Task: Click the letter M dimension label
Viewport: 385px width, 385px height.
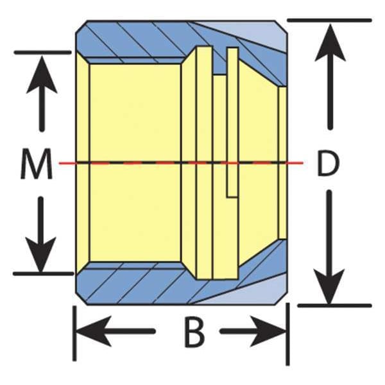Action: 37,164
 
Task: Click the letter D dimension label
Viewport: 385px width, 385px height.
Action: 329,163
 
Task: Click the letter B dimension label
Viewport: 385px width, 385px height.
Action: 194,332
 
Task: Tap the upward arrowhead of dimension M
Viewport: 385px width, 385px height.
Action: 42,74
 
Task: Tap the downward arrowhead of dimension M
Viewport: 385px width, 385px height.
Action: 41,254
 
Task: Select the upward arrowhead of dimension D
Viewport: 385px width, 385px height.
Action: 330,42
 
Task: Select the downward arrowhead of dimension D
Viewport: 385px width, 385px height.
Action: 330,287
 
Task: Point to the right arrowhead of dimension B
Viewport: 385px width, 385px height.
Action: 268,332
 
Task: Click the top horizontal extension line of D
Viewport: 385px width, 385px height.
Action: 329,20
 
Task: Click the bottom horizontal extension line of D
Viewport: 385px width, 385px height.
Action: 334,305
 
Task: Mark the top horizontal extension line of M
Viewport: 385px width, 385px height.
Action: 43,53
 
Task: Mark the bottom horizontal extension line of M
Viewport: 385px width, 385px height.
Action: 43,273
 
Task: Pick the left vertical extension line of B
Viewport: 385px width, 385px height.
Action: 74,334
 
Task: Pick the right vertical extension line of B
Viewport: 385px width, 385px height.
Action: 287,334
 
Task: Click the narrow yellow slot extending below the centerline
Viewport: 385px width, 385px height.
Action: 232,122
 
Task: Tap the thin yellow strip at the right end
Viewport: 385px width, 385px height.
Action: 282,163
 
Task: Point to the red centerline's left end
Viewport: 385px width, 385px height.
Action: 60,163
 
